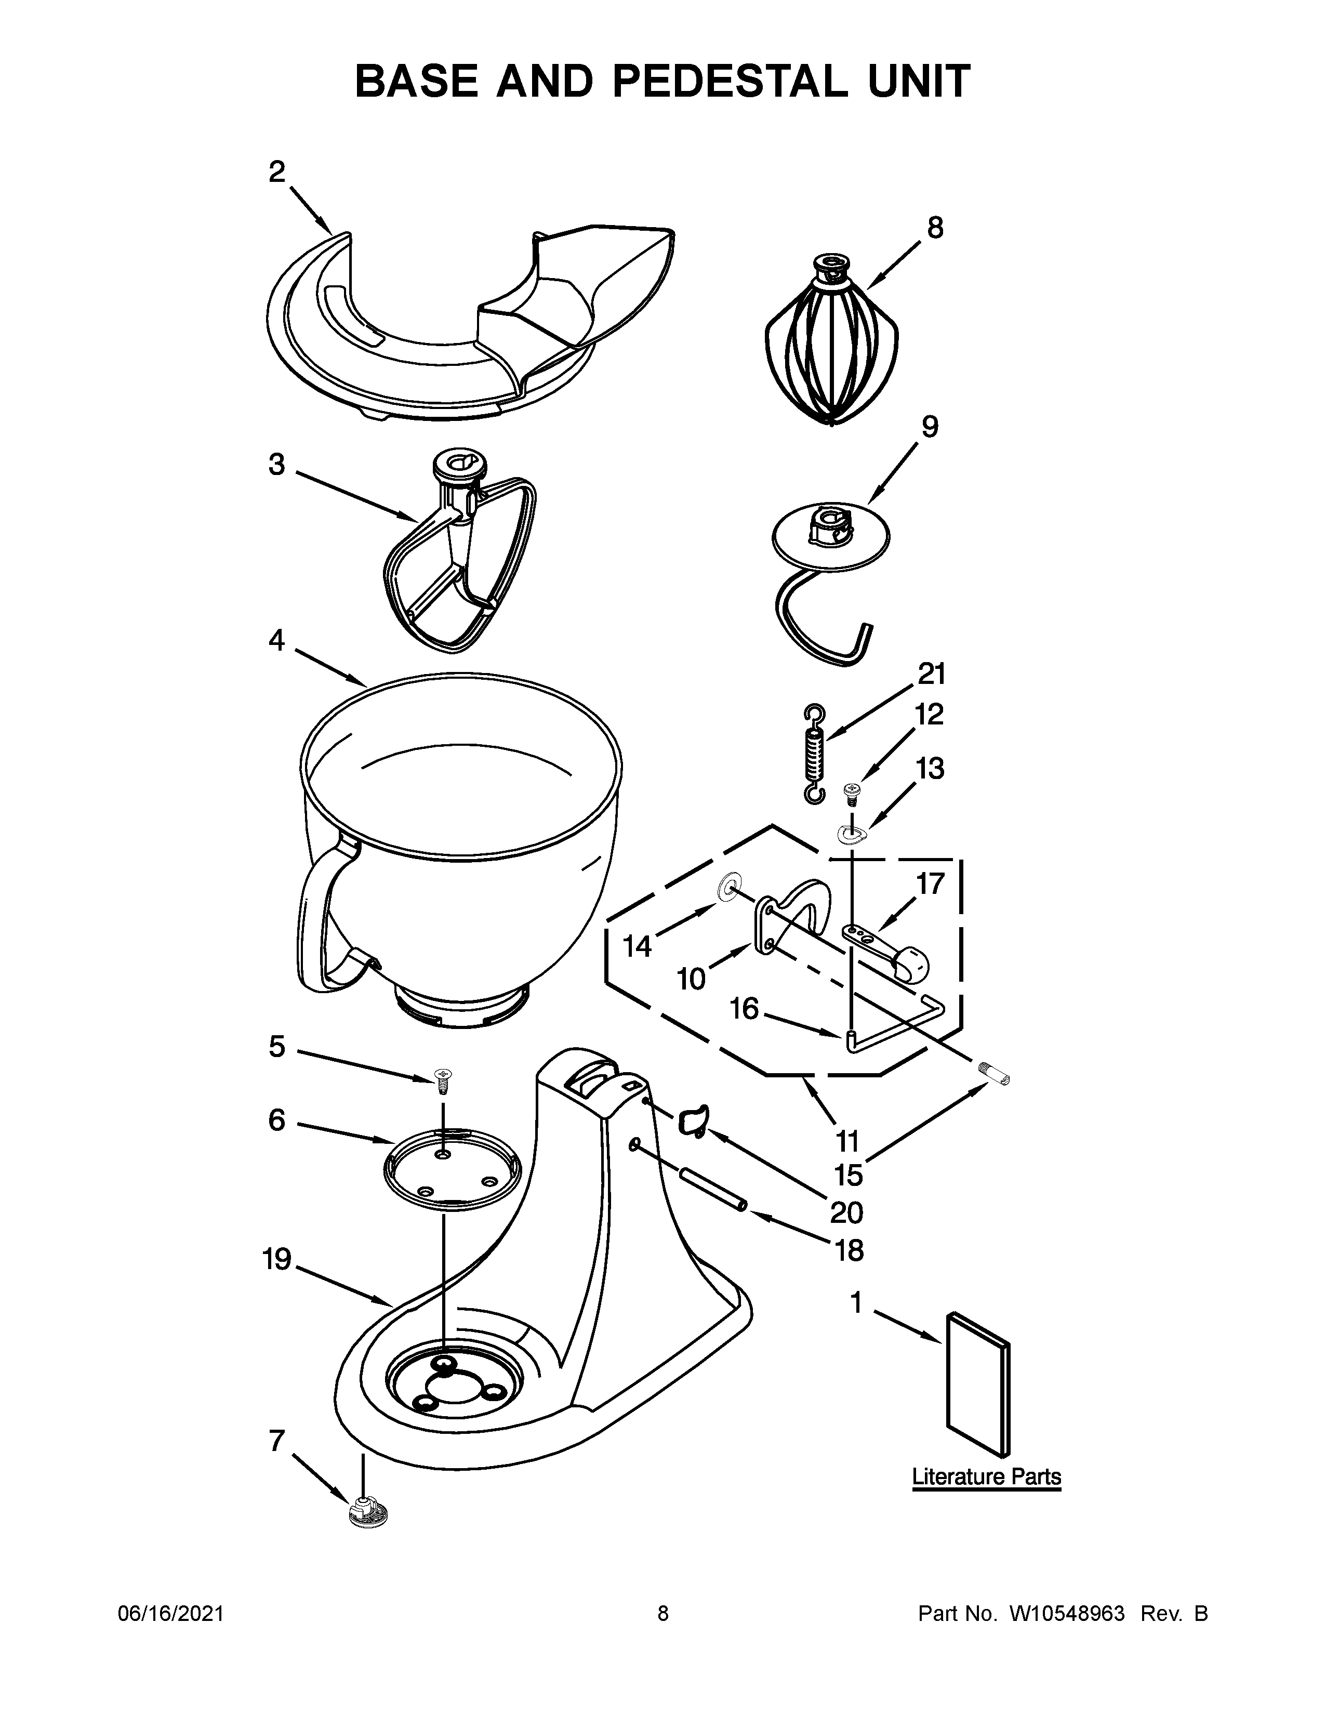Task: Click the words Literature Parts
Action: [x=986, y=1476]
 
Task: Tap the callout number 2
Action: [x=276, y=171]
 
